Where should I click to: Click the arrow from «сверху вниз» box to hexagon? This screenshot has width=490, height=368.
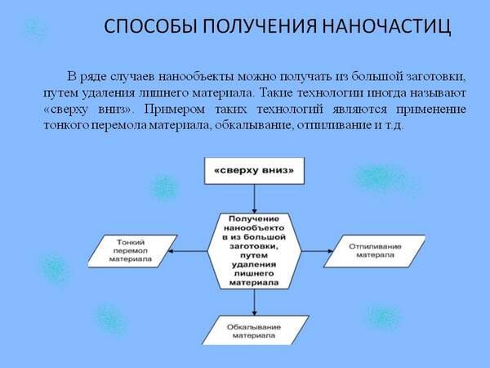(x=255, y=198)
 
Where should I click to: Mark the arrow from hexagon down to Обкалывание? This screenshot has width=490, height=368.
(x=255, y=303)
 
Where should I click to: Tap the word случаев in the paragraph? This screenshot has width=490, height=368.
(x=130, y=77)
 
